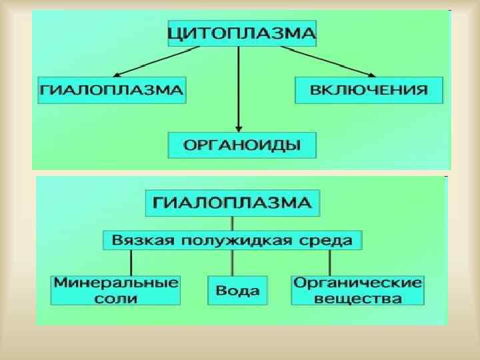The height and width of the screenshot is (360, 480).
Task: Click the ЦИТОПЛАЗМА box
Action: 241,32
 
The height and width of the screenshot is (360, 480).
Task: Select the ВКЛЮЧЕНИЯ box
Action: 369,90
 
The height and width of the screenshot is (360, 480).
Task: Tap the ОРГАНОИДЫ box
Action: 241,145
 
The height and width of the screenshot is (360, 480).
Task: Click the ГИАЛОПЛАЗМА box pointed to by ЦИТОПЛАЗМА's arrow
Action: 112,90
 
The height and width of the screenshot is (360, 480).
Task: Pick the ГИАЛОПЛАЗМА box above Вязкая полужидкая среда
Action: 232,203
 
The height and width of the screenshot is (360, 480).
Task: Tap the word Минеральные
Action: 116,282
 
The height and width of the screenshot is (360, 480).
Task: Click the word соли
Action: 116,297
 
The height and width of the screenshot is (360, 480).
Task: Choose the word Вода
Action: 237,290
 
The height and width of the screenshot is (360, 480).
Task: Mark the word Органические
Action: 358,282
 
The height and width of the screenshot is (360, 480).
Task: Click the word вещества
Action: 358,297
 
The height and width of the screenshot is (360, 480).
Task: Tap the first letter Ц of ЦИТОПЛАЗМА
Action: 176,33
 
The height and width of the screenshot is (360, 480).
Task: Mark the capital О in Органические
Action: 301,282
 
